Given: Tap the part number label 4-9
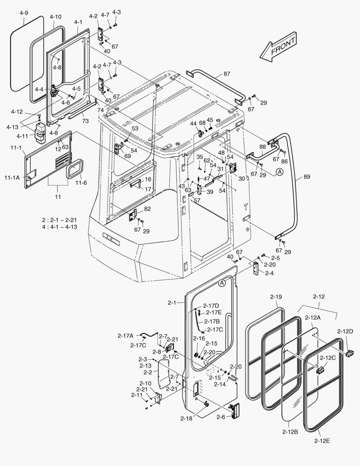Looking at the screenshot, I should [24, 13].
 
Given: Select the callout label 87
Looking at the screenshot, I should [227, 74].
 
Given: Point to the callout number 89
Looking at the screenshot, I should [307, 177].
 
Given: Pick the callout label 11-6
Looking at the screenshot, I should [81, 183].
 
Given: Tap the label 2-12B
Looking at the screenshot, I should [291, 431].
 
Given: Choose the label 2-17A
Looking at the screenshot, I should [125, 335].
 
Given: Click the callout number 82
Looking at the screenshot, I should [148, 208].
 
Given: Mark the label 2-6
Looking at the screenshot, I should [221, 417].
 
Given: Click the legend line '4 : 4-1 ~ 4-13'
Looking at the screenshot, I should [59, 227].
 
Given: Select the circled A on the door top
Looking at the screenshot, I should [222, 283].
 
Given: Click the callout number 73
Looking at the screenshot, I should [85, 121].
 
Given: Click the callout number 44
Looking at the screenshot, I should [194, 124].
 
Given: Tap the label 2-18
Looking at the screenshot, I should [186, 419].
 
